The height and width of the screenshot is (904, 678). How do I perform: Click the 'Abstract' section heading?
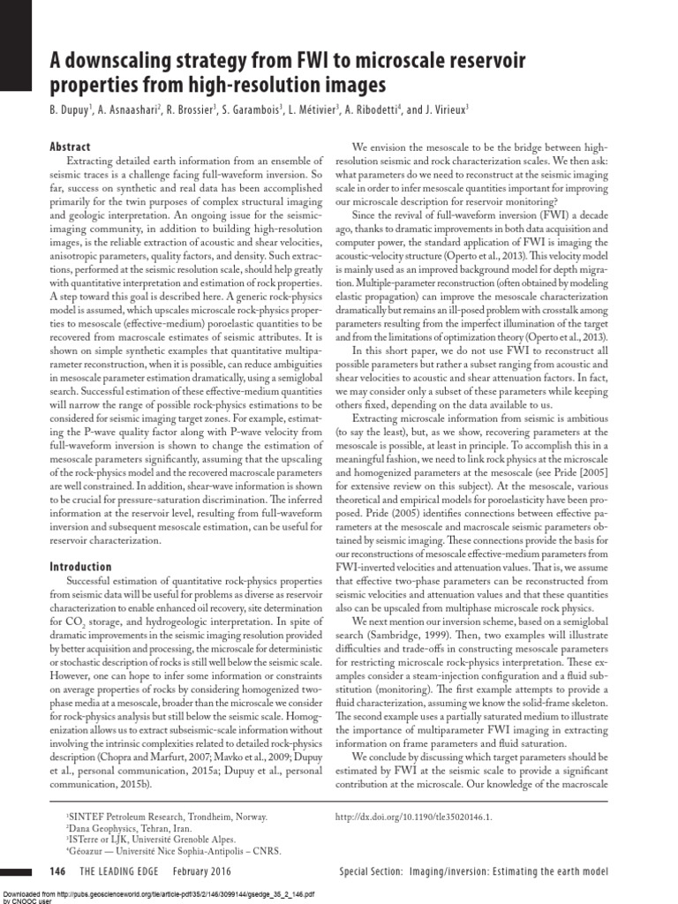pos(70,147)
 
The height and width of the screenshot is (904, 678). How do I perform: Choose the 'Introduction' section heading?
pos(80,566)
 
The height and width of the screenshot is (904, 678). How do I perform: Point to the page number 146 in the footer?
pos(58,872)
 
